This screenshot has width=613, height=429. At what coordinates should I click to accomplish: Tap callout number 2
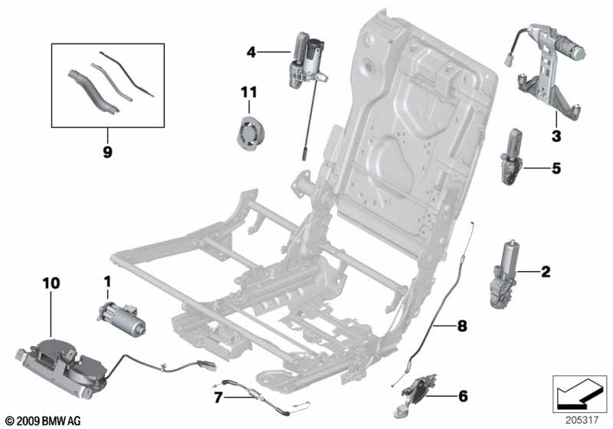546,270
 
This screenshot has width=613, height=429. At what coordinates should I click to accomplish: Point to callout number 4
251,52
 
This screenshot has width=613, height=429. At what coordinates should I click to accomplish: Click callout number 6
462,396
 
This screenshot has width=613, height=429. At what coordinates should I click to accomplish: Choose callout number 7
218,397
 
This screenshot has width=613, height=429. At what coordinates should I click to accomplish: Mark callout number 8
461,326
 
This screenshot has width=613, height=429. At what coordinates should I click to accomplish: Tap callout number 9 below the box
107,152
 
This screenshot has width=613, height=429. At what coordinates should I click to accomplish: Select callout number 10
51,283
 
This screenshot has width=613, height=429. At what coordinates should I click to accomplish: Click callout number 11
247,93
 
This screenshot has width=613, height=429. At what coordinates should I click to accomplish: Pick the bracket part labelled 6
418,389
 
